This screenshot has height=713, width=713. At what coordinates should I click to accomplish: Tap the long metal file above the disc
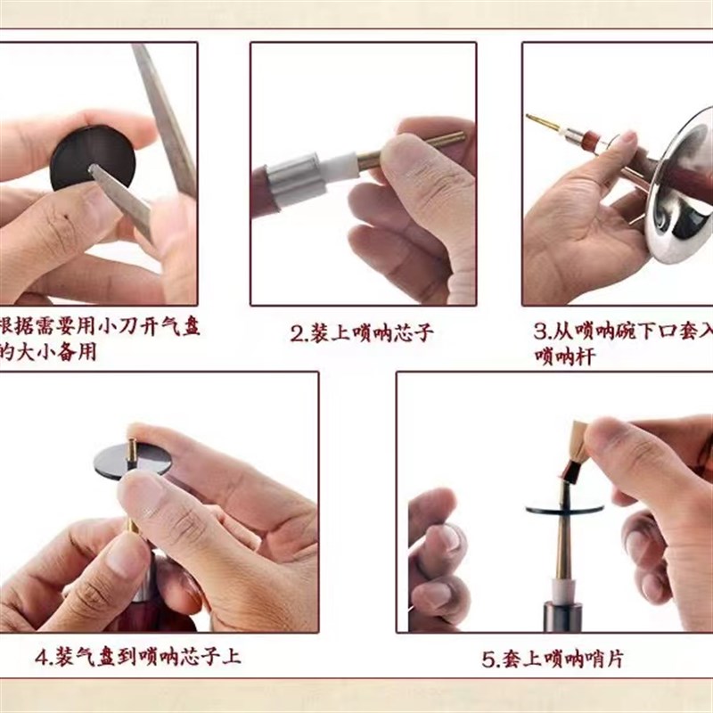165,107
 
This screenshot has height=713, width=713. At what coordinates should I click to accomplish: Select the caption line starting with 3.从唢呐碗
624,332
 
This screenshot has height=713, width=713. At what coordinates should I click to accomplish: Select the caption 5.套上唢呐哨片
553,660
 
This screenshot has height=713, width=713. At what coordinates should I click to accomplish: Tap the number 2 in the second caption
298,334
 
